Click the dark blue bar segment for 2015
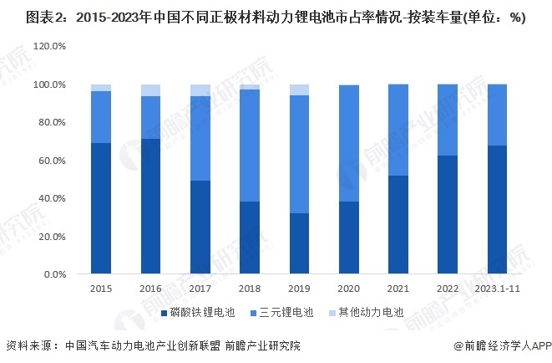(101, 208)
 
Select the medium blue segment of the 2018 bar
(249, 146)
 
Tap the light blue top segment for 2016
(150, 90)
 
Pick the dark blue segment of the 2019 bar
(298, 243)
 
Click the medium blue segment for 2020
(348, 143)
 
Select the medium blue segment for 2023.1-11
(496, 115)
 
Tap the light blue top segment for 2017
(200, 90)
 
